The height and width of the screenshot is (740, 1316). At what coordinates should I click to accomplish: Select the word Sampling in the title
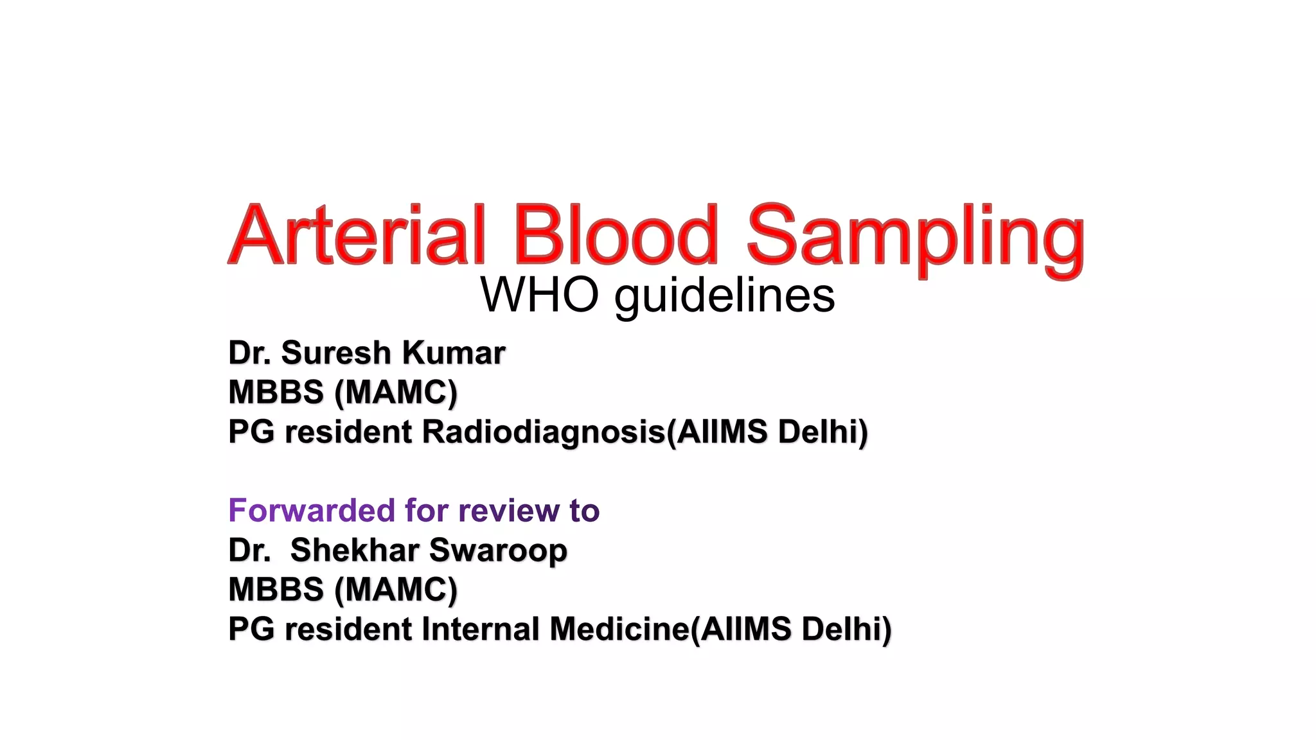915,238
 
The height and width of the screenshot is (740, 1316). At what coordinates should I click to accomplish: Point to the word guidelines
725,297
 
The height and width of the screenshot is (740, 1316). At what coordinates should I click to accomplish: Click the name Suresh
335,353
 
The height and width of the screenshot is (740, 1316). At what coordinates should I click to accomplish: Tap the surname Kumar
454,353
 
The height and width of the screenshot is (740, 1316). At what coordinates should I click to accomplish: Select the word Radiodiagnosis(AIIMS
594,432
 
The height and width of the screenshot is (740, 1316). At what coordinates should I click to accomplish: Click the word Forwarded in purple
312,511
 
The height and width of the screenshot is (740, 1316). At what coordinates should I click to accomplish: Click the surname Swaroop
498,551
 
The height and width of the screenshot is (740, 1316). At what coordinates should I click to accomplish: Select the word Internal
480,629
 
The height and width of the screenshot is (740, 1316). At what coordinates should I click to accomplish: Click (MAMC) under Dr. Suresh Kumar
396,392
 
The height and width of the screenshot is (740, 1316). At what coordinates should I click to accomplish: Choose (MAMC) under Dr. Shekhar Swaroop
396,590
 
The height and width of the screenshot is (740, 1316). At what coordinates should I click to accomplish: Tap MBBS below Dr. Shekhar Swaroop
276,590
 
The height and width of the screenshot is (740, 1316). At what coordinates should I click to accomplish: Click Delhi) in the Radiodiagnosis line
822,432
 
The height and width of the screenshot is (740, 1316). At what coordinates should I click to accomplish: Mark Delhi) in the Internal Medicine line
846,629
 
